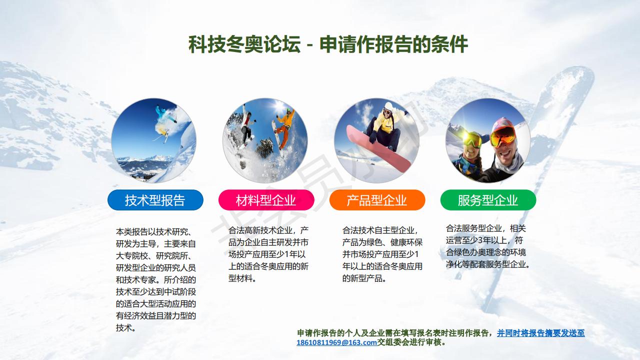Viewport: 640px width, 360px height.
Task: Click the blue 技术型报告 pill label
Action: click(x=155, y=200)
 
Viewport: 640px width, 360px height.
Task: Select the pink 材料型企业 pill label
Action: click(x=266, y=200)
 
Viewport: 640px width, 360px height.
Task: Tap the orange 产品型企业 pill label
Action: click(x=377, y=200)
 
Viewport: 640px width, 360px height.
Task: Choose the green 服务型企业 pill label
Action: click(x=488, y=200)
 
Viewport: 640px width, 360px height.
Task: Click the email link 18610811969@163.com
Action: click(x=336, y=342)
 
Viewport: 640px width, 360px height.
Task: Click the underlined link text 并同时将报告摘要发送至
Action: click(x=541, y=333)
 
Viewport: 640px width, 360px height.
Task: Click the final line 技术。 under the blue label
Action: click(x=125, y=327)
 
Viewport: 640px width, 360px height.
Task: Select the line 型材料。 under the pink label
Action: click(x=242, y=278)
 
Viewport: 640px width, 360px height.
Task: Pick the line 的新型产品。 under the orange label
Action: click(x=364, y=278)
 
